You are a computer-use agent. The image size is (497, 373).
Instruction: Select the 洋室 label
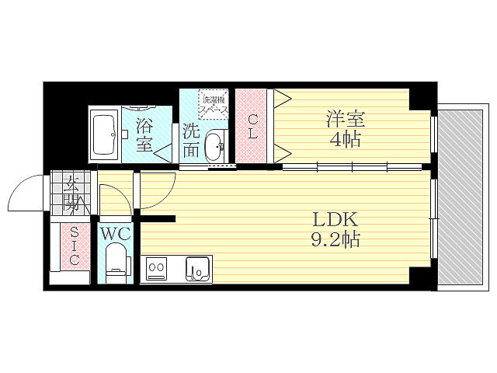tap(345, 120)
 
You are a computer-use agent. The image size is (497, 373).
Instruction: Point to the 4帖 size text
tap(345, 141)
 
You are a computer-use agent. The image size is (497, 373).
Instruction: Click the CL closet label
tap(253, 127)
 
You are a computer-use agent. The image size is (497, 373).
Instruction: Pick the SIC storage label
tap(73, 246)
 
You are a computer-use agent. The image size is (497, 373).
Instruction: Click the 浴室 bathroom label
tap(144, 134)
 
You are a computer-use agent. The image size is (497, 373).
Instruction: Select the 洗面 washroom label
tap(191, 140)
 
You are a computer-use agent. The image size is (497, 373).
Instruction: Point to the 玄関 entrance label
tap(72, 196)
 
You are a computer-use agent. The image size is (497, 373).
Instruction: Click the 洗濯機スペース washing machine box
tap(214, 104)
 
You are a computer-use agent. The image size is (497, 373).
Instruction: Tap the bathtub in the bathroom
tap(104, 134)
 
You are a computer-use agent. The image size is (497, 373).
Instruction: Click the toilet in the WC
tap(116, 260)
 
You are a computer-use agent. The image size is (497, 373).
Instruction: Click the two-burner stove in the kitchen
tap(156, 270)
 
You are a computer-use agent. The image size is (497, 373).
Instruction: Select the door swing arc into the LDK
tap(158, 190)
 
